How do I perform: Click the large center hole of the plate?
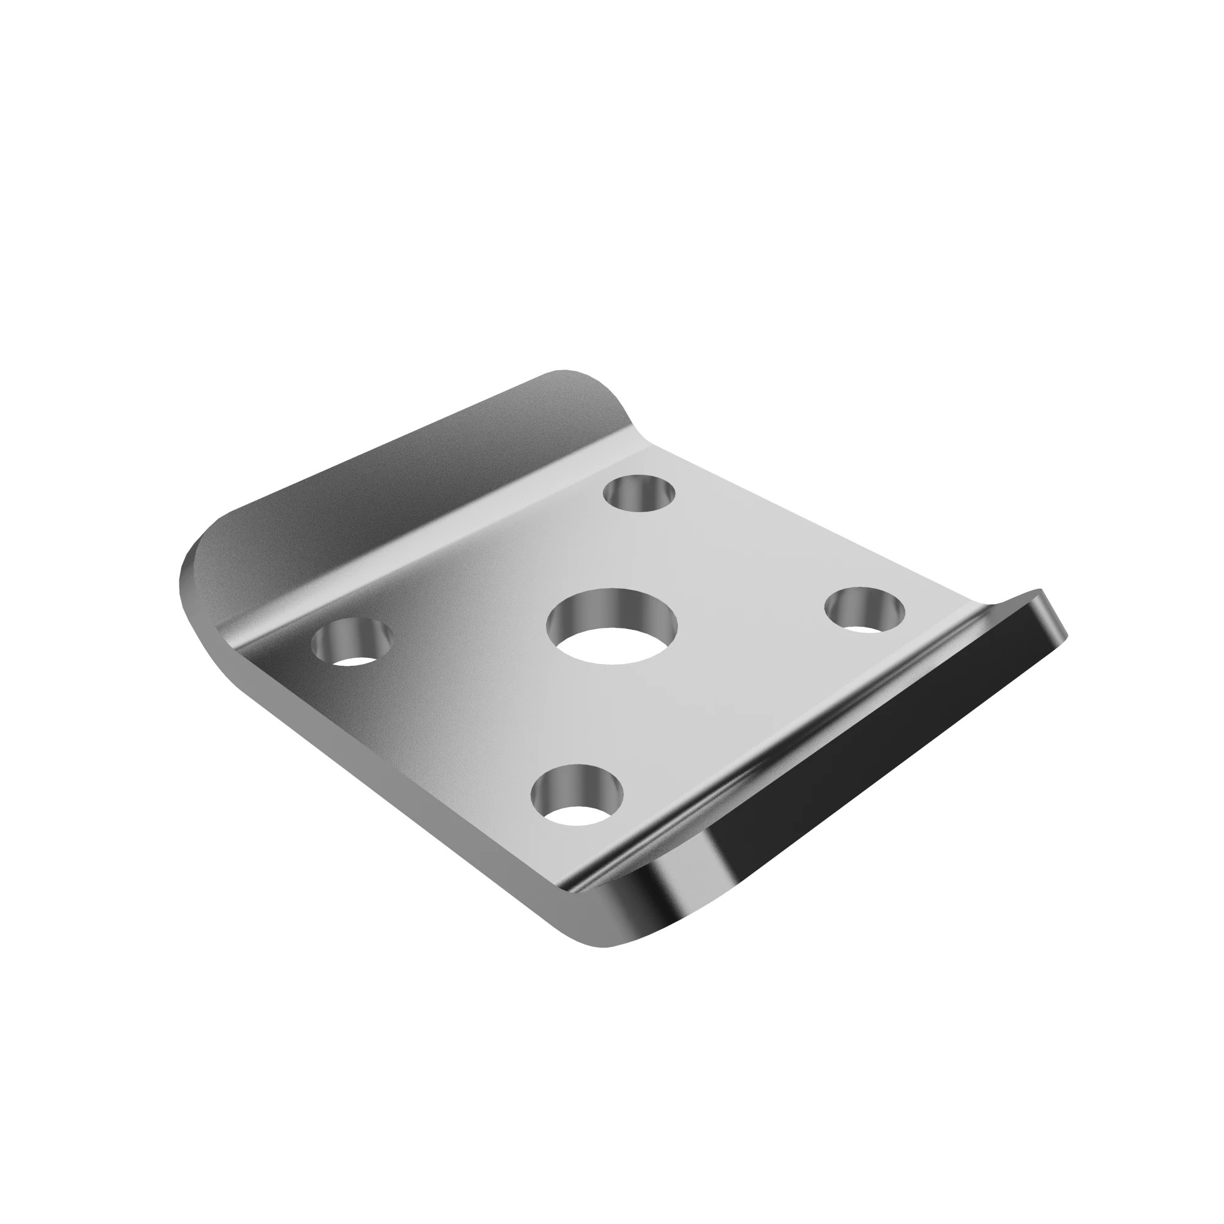click(x=612, y=627)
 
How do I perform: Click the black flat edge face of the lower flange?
click(x=887, y=728)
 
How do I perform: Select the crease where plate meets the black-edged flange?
click(x=760, y=779)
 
